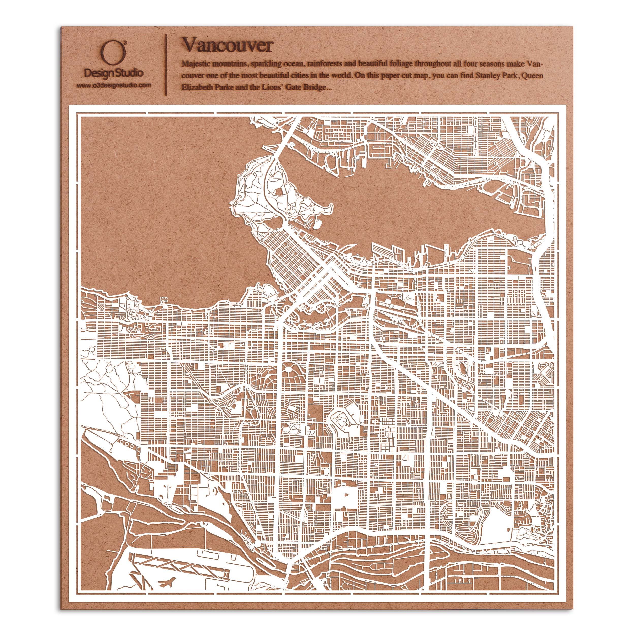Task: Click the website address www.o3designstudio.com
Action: coord(114,85)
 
